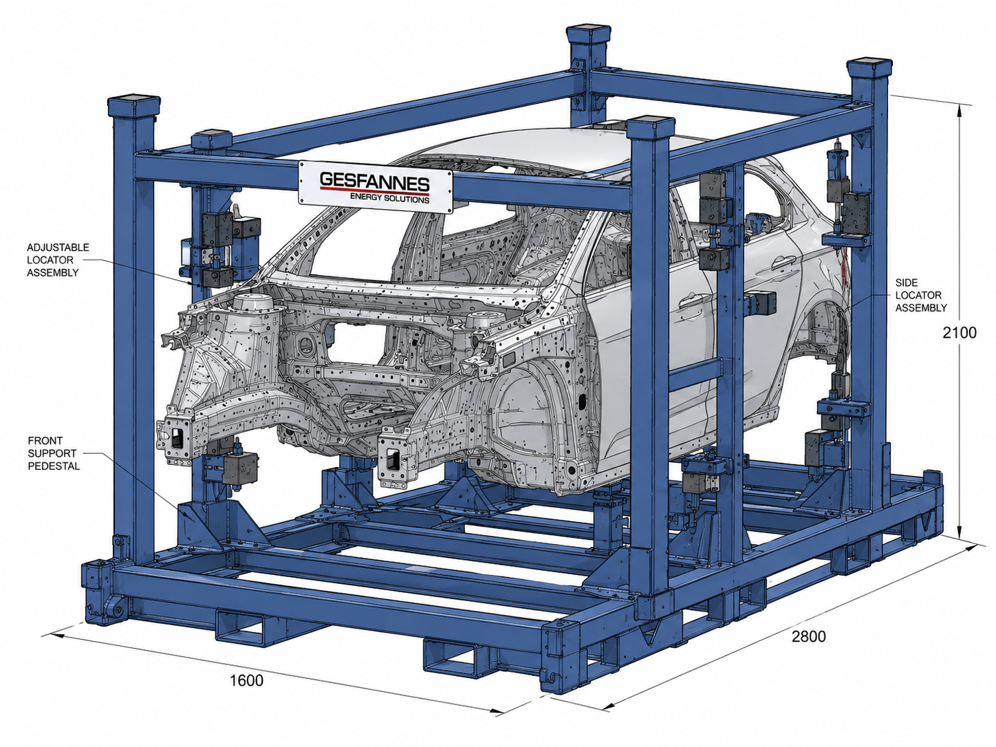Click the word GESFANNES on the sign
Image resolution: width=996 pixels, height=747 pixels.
point(374,181)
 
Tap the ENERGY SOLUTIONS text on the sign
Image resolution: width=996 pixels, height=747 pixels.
point(389,198)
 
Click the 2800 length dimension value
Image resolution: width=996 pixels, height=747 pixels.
point(809,636)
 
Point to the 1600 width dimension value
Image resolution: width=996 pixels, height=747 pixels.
point(246,680)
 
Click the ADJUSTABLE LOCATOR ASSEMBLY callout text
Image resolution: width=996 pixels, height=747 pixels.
point(58,260)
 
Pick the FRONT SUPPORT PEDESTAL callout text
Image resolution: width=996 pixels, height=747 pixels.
point(54,453)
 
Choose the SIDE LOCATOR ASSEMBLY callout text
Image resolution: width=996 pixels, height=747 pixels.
point(920,295)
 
